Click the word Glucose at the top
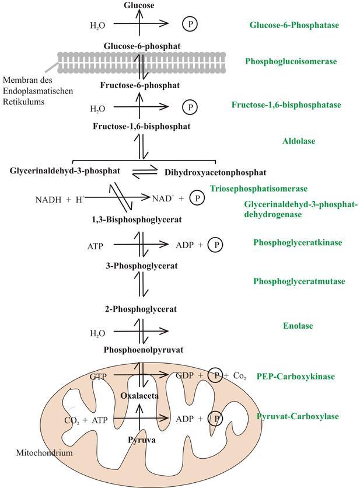[x=139, y=5]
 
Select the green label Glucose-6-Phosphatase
[x=294, y=25]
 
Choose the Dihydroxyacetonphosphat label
[x=215, y=172]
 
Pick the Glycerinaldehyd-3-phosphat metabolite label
[x=65, y=170]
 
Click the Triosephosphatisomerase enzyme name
[x=258, y=189]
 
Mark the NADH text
[x=47, y=199]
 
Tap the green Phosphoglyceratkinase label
[x=298, y=242]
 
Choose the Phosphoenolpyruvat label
[x=144, y=350]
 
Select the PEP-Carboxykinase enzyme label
[x=295, y=377]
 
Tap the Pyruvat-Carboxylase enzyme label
[x=298, y=416]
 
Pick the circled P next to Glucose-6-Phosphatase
[x=190, y=24]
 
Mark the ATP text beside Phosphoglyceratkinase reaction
[x=95, y=246]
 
